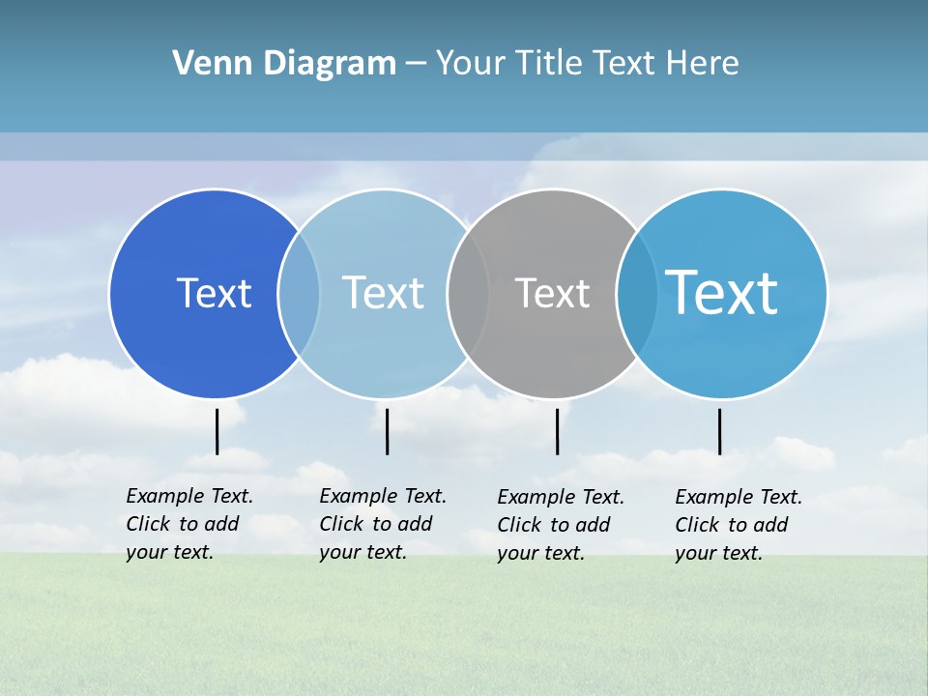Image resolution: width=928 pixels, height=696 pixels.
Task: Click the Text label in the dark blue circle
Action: [x=214, y=293]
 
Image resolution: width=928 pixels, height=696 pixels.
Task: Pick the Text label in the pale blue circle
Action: [x=383, y=293]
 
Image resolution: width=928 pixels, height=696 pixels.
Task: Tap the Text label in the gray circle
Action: [x=552, y=293]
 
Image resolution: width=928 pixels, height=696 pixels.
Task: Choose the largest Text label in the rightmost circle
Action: [x=722, y=292]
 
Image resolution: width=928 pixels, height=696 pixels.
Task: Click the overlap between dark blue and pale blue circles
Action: [x=299, y=294]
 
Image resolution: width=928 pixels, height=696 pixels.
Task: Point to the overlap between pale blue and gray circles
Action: [x=468, y=294]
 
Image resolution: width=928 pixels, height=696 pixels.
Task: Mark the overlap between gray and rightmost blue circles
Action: [x=635, y=294]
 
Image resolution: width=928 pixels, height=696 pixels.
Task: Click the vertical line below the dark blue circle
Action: [x=217, y=431]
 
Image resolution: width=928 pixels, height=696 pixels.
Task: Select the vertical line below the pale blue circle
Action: [x=387, y=431]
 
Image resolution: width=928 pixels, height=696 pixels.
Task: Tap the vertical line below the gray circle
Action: [x=557, y=431]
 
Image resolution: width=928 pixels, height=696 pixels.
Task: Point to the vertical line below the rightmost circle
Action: [x=719, y=431]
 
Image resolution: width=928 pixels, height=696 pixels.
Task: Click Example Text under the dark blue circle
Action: [x=189, y=496]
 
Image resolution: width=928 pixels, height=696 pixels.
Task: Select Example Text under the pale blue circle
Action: [x=383, y=496]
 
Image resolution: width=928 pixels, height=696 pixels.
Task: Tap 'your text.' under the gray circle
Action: [x=540, y=553]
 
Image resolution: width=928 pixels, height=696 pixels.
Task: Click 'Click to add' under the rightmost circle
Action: [x=732, y=525]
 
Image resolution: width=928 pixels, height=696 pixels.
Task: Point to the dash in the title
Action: [x=416, y=64]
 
